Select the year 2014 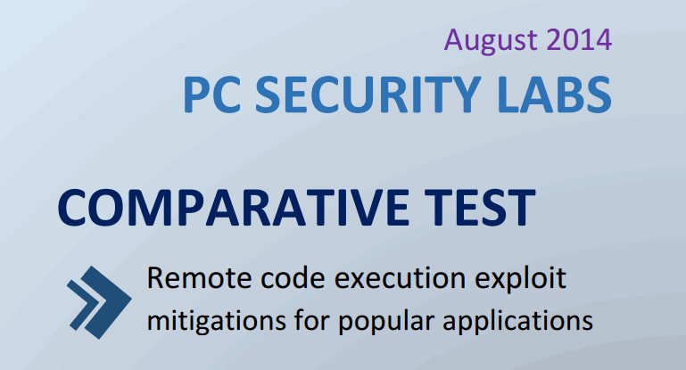[x=580, y=40]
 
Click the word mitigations [x=211, y=319]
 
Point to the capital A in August [x=454, y=40]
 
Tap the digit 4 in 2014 [x=603, y=40]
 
